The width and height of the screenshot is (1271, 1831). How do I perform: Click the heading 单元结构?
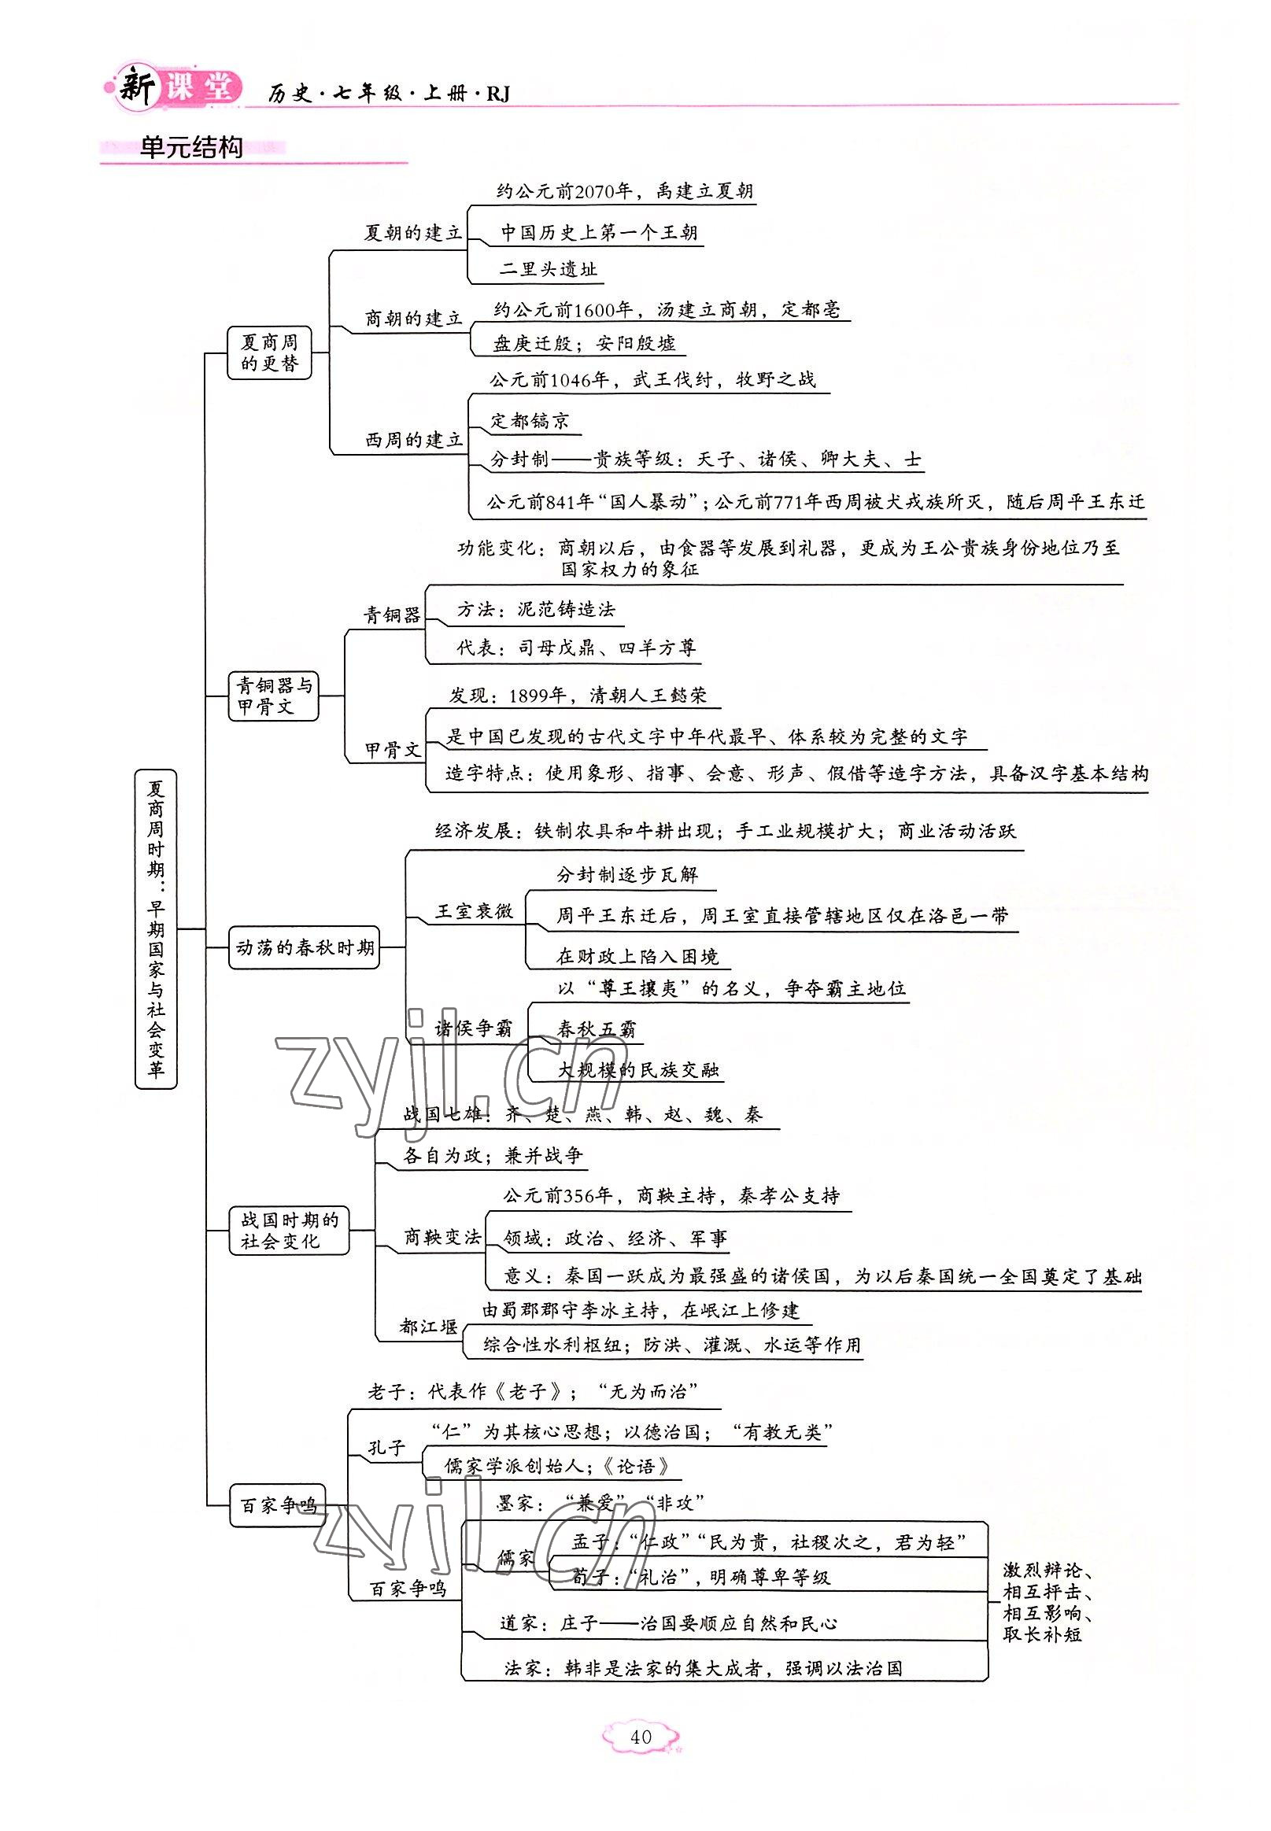pyautogui.click(x=190, y=148)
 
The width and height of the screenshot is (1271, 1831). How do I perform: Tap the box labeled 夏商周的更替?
pyautogui.click(x=269, y=353)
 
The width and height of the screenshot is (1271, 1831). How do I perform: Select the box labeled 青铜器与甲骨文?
pyautogui.click(x=274, y=696)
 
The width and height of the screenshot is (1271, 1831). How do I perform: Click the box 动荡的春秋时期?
pyautogui.click(x=305, y=947)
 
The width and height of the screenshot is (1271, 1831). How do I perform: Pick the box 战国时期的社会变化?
pyautogui.click(x=289, y=1230)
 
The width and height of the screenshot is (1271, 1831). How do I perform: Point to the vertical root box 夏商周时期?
pyautogui.click(x=156, y=928)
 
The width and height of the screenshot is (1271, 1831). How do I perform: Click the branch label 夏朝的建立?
pyautogui.click(x=412, y=233)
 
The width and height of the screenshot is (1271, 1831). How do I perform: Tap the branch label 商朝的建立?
pyautogui.click(x=413, y=319)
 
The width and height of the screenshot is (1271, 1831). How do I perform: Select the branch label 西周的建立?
pyautogui.click(x=413, y=439)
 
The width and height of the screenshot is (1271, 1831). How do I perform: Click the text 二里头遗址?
pyautogui.click(x=548, y=269)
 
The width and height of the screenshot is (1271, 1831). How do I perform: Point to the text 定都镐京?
pyautogui.click(x=530, y=421)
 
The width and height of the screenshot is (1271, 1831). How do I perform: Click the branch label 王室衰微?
pyautogui.click(x=473, y=911)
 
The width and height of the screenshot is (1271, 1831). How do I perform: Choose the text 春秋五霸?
pyautogui.click(x=597, y=1028)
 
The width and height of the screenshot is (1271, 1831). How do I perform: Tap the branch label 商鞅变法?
pyautogui.click(x=442, y=1236)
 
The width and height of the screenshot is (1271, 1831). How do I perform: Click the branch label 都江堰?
pyautogui.click(x=428, y=1327)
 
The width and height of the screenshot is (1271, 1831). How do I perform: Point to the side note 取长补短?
pyautogui.click(x=1042, y=1634)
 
